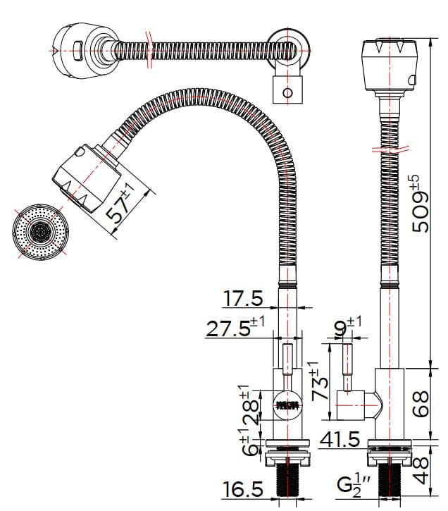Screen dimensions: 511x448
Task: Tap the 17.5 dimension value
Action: pyautogui.click(x=243, y=298)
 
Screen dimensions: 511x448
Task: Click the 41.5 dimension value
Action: pyautogui.click(x=340, y=440)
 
